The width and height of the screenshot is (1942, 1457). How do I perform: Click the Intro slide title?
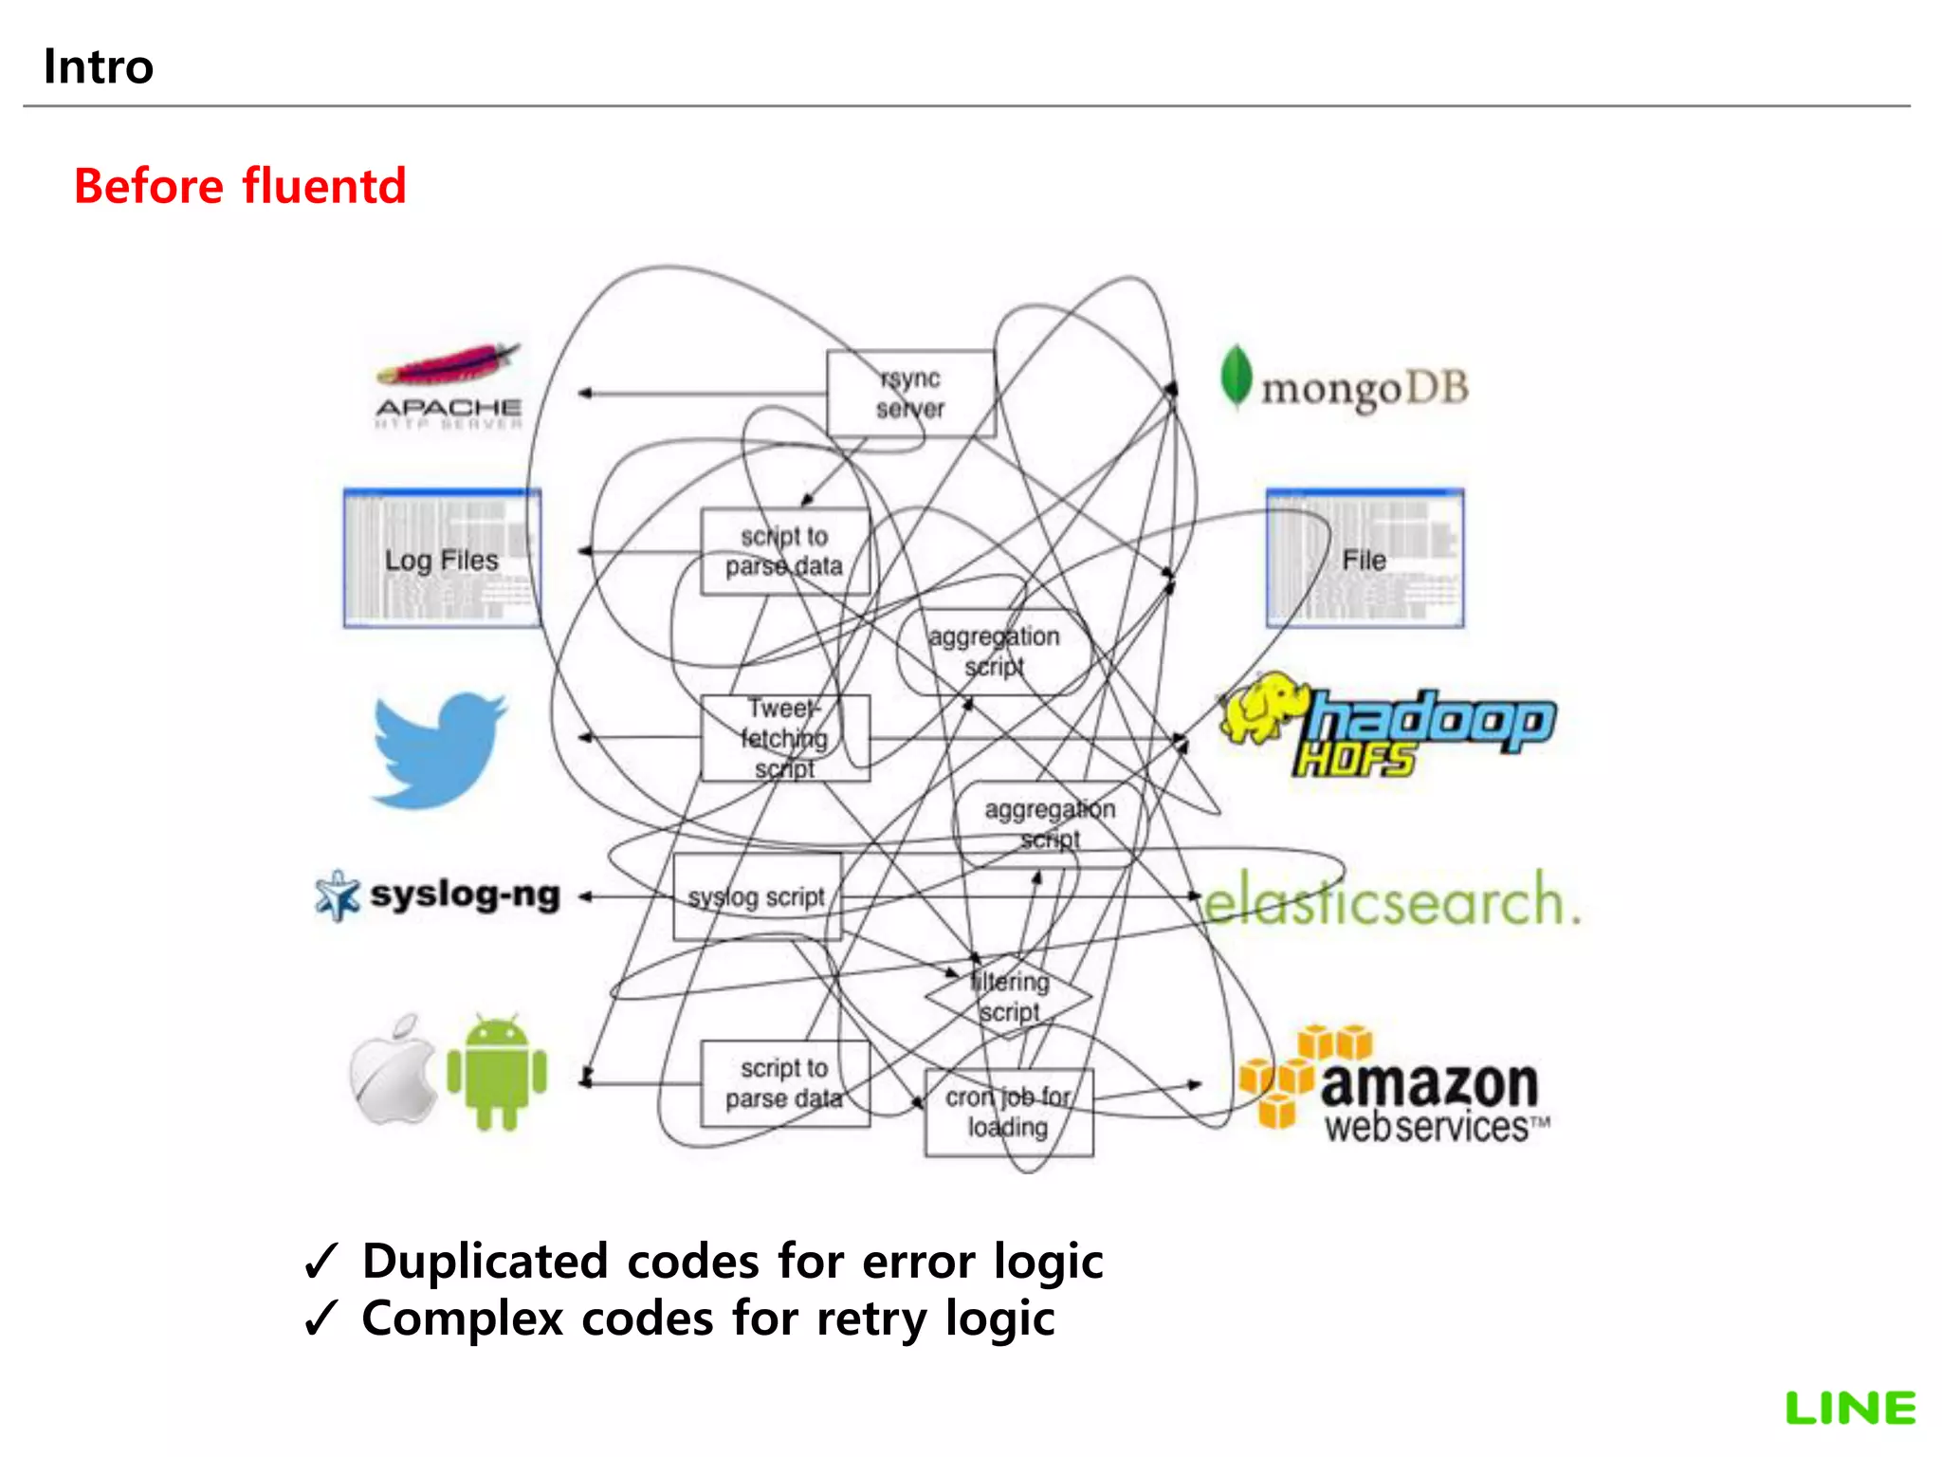point(99,67)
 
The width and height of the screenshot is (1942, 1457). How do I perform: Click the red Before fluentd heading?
point(240,186)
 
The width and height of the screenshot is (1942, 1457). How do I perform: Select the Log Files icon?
point(442,559)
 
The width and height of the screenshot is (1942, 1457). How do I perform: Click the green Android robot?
point(497,1073)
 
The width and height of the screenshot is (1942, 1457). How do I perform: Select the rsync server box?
point(910,394)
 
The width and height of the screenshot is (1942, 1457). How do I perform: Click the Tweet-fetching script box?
point(784,738)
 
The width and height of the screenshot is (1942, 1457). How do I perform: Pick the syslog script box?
point(757,896)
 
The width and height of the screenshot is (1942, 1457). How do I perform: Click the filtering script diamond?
point(1009,996)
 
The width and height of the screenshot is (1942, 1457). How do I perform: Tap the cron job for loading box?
point(1008,1112)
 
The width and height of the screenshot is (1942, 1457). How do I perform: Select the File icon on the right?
point(1365,559)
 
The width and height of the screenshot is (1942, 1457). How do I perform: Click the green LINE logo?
point(1850,1409)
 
